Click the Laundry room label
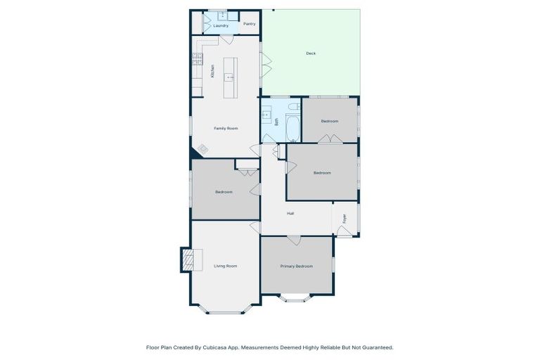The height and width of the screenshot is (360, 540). click(221, 25)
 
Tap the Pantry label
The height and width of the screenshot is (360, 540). click(249, 23)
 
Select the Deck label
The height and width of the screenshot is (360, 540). click(311, 53)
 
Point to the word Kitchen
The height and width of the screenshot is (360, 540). click(212, 71)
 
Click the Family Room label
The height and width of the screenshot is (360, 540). click(226, 128)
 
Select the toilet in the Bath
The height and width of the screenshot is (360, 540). click(294, 107)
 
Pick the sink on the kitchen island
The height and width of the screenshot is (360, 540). click(230, 77)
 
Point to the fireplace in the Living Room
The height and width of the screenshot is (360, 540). click(187, 260)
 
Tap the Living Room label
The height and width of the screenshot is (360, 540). click(226, 266)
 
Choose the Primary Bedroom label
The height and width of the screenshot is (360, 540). click(296, 266)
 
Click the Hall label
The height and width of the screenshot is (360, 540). click(290, 213)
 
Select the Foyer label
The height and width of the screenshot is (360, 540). click(345, 219)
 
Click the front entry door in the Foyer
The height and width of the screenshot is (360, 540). click(343, 231)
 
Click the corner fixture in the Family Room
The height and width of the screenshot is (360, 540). click(202, 149)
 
